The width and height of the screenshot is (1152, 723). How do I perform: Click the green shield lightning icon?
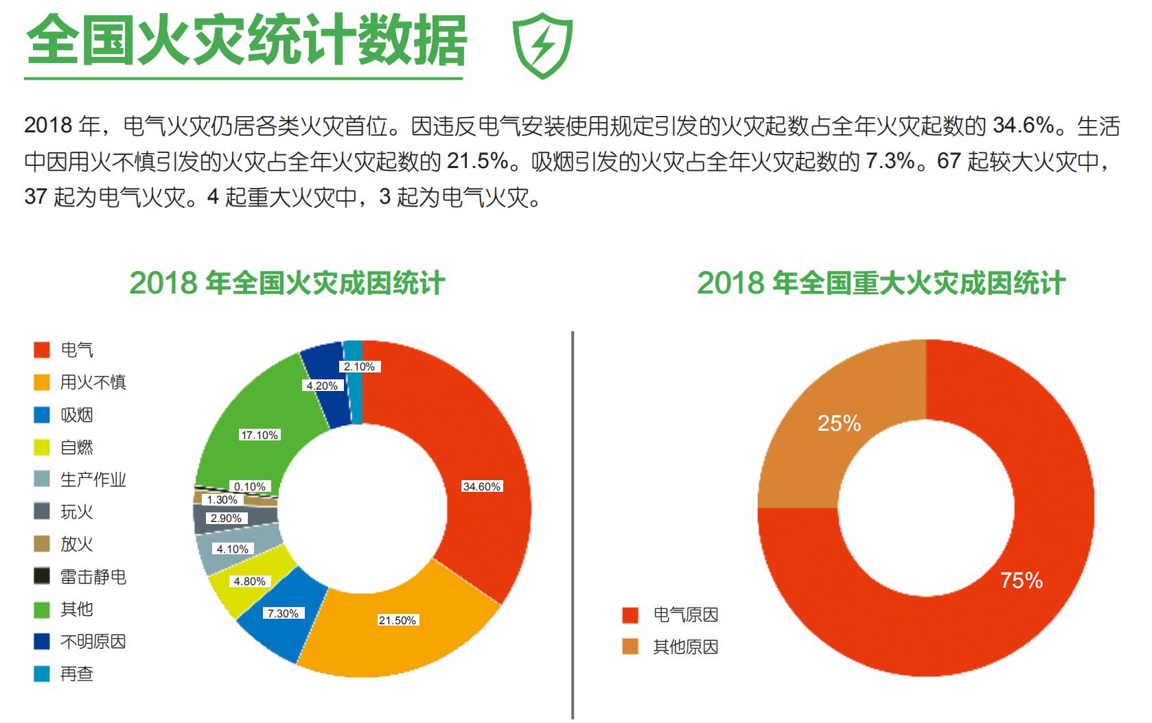pyautogui.click(x=542, y=46)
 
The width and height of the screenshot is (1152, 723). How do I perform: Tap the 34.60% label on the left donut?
pyautogui.click(x=482, y=486)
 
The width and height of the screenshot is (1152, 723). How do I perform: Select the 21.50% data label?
pyautogui.click(x=398, y=620)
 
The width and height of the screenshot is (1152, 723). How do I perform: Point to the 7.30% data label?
pyautogui.click(x=283, y=613)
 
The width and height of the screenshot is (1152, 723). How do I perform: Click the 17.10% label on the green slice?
pyautogui.click(x=259, y=435)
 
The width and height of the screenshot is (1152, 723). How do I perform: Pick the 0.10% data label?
pyautogui.click(x=249, y=486)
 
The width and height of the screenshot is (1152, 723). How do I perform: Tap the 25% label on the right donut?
pyautogui.click(x=839, y=423)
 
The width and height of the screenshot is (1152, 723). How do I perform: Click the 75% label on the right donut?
pyautogui.click(x=1022, y=580)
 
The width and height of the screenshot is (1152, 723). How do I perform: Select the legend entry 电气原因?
pyautogui.click(x=685, y=615)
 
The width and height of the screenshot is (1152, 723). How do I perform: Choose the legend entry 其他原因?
pyautogui.click(x=685, y=647)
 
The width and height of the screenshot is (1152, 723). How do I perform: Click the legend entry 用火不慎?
pyautogui.click(x=93, y=382)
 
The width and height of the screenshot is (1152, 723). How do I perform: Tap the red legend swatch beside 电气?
pyautogui.click(x=42, y=350)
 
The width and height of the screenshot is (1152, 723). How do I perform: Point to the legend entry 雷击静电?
pyautogui.click(x=93, y=576)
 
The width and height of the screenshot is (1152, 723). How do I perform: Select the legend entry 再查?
pyautogui.click(x=76, y=674)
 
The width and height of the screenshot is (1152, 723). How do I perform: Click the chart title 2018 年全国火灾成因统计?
pyautogui.click(x=287, y=283)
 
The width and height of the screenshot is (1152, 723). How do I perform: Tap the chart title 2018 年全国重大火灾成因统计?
pyautogui.click(x=881, y=283)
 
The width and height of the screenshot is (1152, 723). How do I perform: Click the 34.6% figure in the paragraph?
pyautogui.click(x=1023, y=126)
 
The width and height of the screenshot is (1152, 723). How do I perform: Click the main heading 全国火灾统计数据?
pyautogui.click(x=246, y=41)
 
